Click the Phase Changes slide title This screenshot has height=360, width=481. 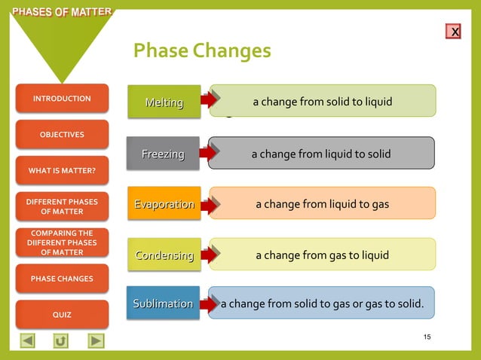coord(201,50)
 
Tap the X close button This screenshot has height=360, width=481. coord(454,32)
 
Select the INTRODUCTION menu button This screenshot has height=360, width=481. coord(62,99)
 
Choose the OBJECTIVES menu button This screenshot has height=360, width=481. coord(62,135)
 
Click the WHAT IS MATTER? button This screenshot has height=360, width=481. coord(62,170)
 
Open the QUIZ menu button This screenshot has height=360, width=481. coord(62,315)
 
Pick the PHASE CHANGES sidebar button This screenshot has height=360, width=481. coord(62,279)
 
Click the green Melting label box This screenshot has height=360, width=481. coord(164,102)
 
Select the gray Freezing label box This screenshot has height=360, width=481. coord(163,154)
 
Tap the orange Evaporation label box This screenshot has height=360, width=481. coord(164,204)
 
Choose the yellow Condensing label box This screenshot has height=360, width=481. coord(164,255)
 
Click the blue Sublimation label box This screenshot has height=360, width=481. coord(163,304)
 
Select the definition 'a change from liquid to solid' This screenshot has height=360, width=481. coord(321,154)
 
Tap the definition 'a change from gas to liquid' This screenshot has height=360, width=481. coord(322,255)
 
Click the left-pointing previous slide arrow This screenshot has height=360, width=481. coord(27,340)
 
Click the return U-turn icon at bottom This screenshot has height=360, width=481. coord(61,340)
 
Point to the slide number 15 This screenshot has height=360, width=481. coord(427,337)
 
